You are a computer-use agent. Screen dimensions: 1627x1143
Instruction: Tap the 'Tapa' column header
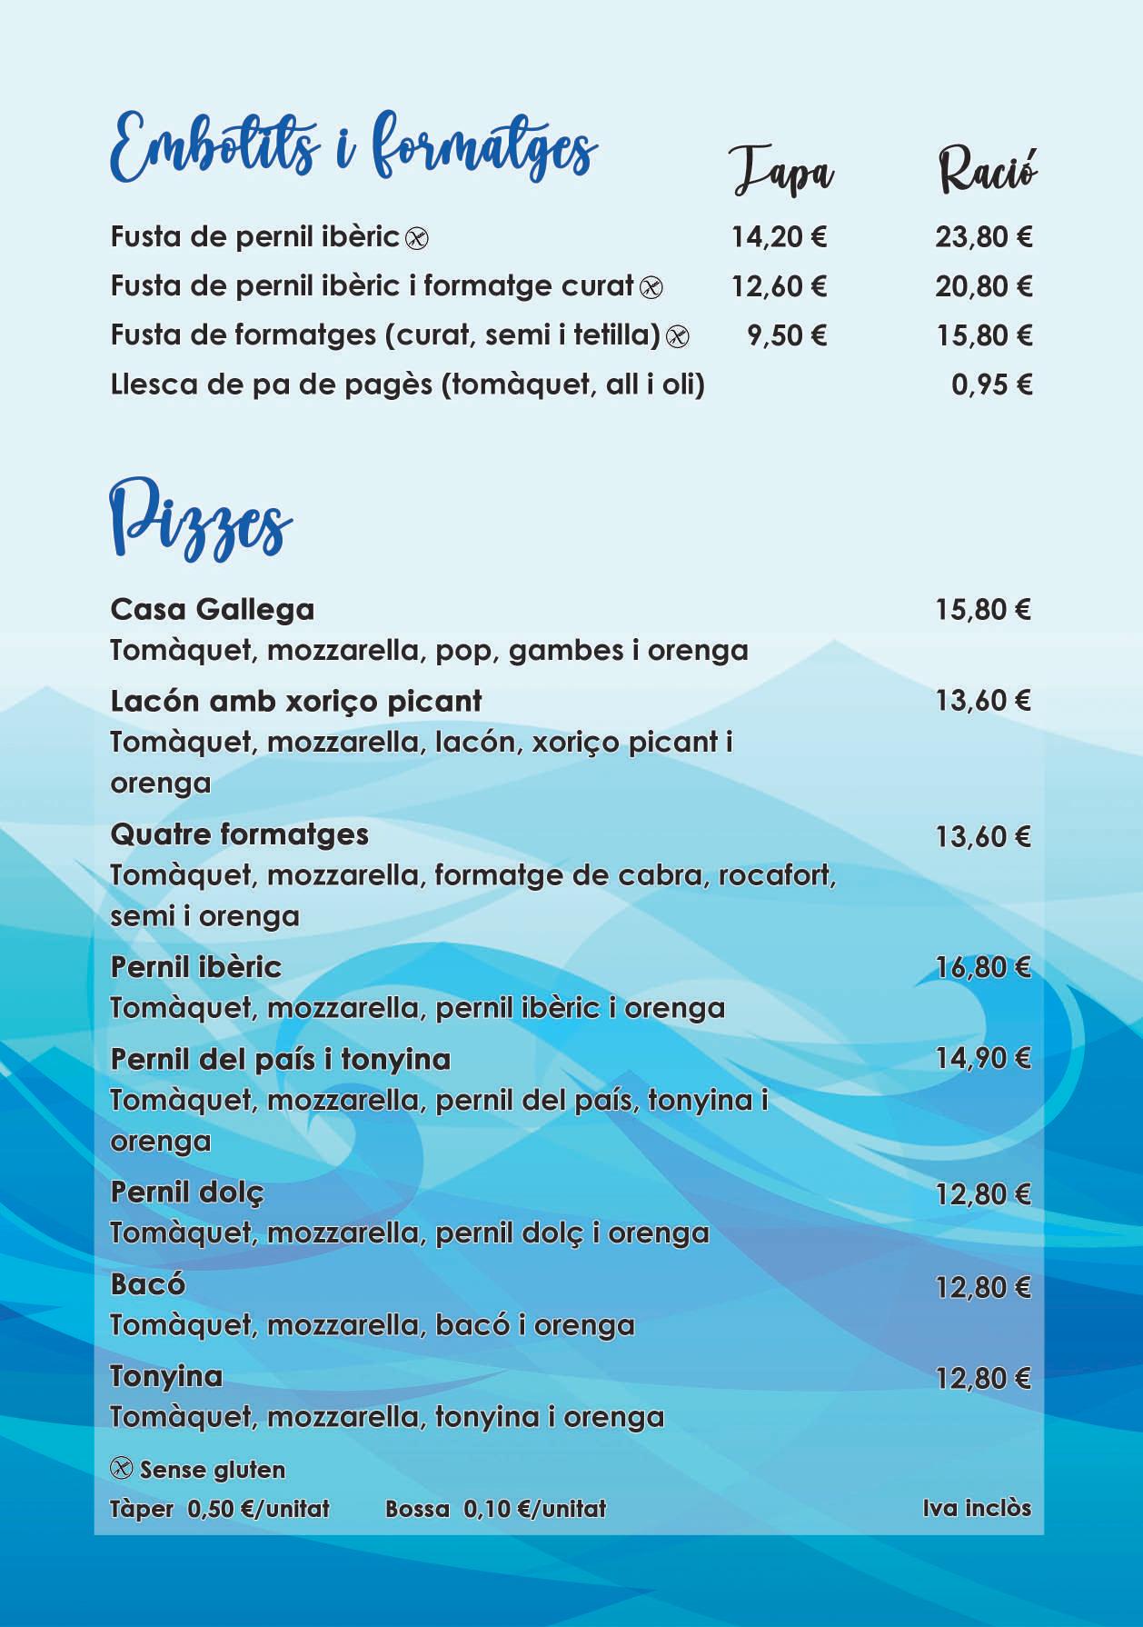pyautogui.click(x=782, y=172)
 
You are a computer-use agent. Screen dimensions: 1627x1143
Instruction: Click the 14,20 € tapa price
pyautogui.click(x=779, y=237)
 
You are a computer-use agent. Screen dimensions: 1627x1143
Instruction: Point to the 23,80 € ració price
pyautogui.click(x=984, y=237)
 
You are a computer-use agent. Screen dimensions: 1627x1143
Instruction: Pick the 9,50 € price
pyautogui.click(x=787, y=335)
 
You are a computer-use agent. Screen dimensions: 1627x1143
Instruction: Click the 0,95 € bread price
pyautogui.click(x=991, y=384)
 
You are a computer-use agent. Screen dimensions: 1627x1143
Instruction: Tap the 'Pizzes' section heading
pyautogui.click(x=201, y=524)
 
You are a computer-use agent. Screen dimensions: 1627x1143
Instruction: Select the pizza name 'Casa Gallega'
pyautogui.click(x=212, y=609)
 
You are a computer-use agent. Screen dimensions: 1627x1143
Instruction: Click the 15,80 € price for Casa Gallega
pyautogui.click(x=983, y=609)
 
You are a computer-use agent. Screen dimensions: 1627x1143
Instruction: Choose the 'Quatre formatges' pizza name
pyautogui.click(x=239, y=834)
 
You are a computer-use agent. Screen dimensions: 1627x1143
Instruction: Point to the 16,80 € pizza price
pyautogui.click(x=983, y=967)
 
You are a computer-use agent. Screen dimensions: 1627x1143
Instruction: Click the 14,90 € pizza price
pyautogui.click(x=983, y=1058)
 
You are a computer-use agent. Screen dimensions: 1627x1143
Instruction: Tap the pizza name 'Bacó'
pyautogui.click(x=147, y=1284)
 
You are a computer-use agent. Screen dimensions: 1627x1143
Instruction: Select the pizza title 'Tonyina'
pyautogui.click(x=166, y=1376)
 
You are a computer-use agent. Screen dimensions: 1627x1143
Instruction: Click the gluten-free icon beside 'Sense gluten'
pyautogui.click(x=121, y=1469)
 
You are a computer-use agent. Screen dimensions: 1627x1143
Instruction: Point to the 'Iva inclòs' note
pyautogui.click(x=977, y=1508)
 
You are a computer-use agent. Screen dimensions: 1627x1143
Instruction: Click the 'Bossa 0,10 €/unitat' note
pyautogui.click(x=495, y=1509)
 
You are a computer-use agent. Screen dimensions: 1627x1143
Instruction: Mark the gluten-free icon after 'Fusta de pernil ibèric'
pyautogui.click(x=416, y=238)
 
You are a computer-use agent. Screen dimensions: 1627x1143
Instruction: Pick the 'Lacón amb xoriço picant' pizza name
pyautogui.click(x=295, y=701)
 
